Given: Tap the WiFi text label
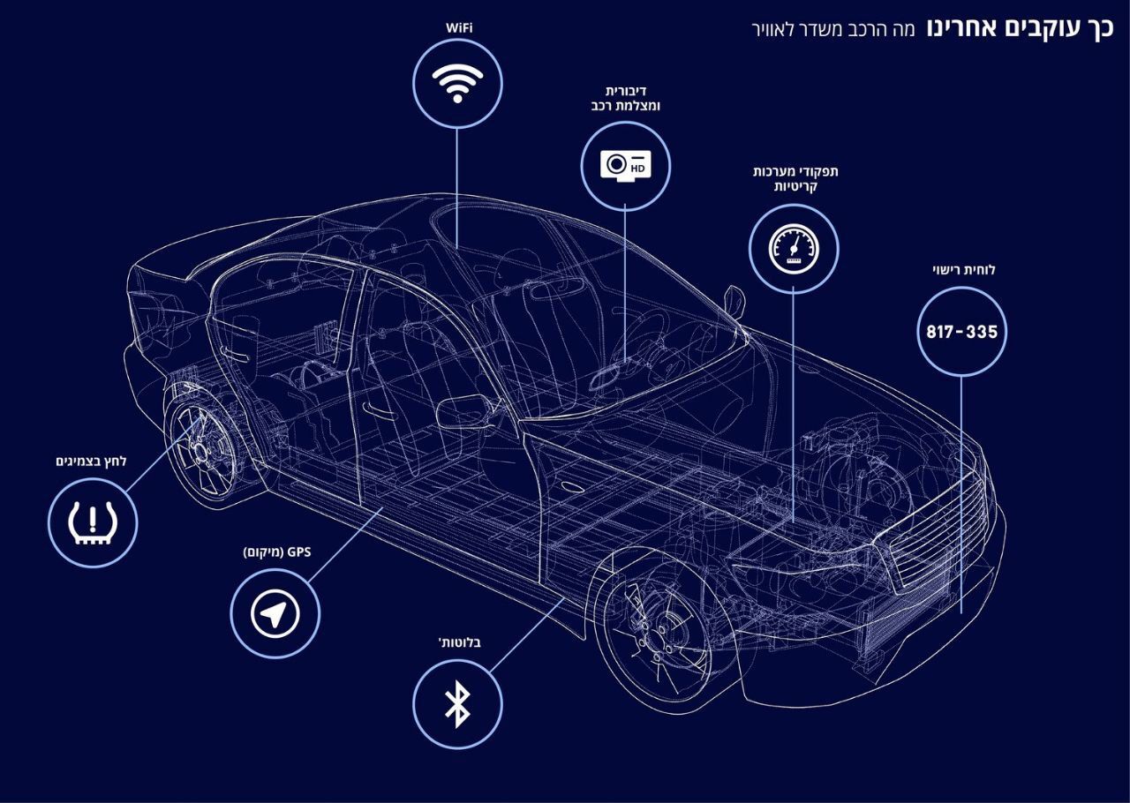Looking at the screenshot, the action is click(x=458, y=28).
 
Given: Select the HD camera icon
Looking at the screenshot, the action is click(x=626, y=164).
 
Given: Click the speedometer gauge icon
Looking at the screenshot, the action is click(x=794, y=249).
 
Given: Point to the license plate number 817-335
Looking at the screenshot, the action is click(x=962, y=332).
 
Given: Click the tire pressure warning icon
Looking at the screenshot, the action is click(x=93, y=522).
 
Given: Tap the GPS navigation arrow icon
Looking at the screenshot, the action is click(x=275, y=613).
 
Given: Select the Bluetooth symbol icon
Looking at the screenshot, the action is click(x=457, y=704).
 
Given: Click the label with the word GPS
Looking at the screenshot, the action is click(x=277, y=552).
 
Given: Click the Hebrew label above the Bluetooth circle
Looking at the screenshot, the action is click(x=460, y=642).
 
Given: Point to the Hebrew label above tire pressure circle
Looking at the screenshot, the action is click(x=91, y=462).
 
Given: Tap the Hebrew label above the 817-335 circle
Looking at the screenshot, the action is click(x=963, y=270).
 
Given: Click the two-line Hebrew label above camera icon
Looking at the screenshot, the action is click(x=626, y=98).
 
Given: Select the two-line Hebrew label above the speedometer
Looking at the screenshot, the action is click(x=795, y=178).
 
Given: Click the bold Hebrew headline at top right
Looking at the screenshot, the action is click(x=1020, y=29).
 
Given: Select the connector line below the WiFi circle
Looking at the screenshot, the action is click(x=457, y=186).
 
